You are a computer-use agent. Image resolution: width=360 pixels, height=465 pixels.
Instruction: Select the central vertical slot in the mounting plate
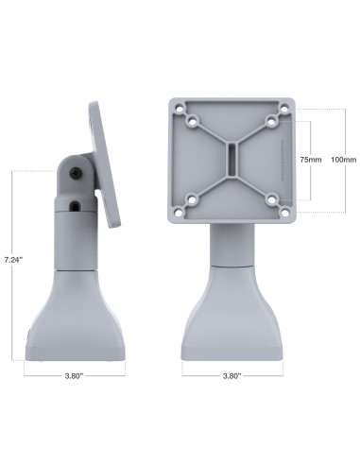(231, 160)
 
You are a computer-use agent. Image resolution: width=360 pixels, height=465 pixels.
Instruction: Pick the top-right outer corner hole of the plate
(283, 108)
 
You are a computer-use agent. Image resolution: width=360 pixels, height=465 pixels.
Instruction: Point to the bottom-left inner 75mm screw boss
(193, 198)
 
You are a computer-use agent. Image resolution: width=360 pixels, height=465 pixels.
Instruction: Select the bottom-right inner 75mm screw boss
(270, 198)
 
